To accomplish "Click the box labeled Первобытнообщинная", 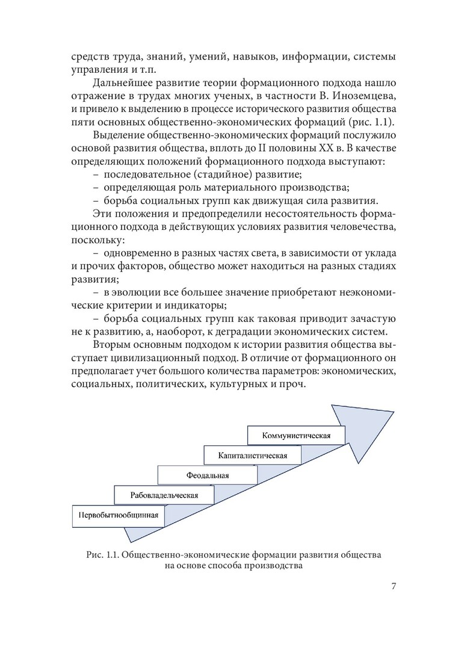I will point(118,515).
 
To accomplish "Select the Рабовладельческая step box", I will point(164,495).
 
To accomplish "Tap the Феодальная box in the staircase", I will point(208,475).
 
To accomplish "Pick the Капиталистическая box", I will point(253,455).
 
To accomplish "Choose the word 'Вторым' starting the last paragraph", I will point(111,346).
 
